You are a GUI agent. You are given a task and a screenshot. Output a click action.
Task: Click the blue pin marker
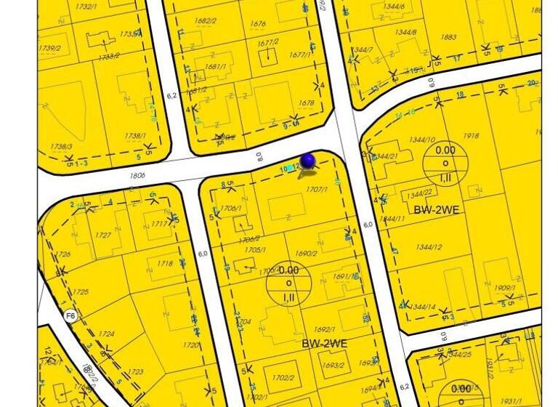[308, 161]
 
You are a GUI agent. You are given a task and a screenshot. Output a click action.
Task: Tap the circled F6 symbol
[70, 315]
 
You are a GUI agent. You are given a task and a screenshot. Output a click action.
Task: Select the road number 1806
[137, 176]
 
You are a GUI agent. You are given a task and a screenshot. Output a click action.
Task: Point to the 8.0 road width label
[259, 156]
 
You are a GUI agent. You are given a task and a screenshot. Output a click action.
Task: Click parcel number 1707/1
[317, 190]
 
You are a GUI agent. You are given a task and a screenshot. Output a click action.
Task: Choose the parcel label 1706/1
[230, 209]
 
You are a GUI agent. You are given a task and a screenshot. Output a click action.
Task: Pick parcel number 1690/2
[306, 254]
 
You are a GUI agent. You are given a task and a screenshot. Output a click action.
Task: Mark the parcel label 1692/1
[324, 329]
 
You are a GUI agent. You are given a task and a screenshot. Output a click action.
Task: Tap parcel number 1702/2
[283, 377]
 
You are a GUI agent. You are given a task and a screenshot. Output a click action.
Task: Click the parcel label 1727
[103, 235]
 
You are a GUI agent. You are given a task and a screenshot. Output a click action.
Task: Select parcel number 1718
[165, 264]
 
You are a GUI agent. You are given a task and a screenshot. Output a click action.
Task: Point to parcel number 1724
[106, 334]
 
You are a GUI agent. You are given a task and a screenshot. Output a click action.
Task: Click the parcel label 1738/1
[134, 136]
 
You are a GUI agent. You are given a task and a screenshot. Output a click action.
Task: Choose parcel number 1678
[307, 103]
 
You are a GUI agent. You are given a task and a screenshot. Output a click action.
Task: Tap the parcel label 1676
[258, 24]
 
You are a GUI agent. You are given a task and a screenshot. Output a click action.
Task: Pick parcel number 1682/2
[206, 21]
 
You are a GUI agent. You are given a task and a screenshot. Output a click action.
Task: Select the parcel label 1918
[471, 136]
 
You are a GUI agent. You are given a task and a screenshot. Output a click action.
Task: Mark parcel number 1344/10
[422, 140]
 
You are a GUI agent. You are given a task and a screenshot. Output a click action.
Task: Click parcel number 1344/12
[429, 247]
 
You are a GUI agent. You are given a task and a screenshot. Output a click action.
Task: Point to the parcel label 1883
[448, 37]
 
